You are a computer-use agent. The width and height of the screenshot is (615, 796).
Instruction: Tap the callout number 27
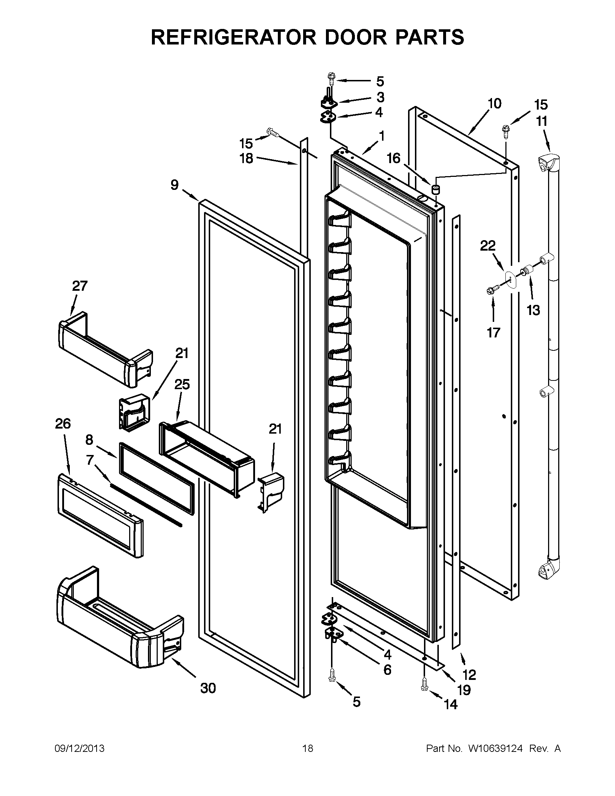[80, 286]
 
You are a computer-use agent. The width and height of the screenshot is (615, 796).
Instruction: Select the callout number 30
[208, 689]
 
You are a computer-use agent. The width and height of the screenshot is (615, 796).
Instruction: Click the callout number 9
[175, 185]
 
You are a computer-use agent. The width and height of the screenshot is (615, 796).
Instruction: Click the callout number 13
[533, 311]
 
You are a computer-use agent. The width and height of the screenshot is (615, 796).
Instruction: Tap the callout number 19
[464, 690]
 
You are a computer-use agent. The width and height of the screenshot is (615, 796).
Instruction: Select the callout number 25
[182, 384]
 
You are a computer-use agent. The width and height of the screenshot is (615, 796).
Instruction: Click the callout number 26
[63, 424]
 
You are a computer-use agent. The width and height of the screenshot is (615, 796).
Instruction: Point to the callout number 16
[394, 158]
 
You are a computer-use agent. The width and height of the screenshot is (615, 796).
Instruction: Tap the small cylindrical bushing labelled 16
[436, 189]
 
